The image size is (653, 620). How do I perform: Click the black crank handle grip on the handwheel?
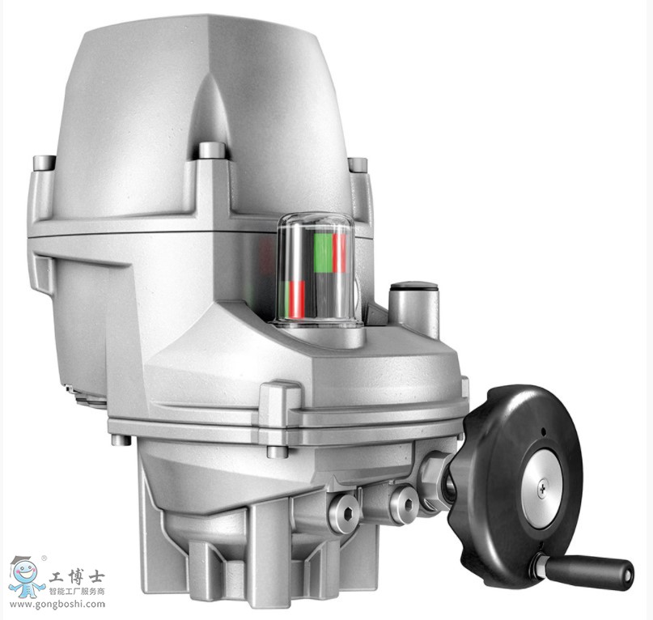(588, 569)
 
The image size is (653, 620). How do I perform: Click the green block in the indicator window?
(323, 253)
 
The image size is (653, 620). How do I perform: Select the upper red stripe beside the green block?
(340, 253)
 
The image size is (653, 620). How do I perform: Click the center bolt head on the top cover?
(211, 151)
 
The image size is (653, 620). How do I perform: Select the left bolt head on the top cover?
(45, 162)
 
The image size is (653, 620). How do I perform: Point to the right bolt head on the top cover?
(358, 164)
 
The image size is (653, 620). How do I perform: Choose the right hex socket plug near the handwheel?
(403, 504)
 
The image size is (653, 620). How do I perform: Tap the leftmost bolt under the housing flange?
(121, 440)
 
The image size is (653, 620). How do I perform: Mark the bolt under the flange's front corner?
(276, 451)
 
